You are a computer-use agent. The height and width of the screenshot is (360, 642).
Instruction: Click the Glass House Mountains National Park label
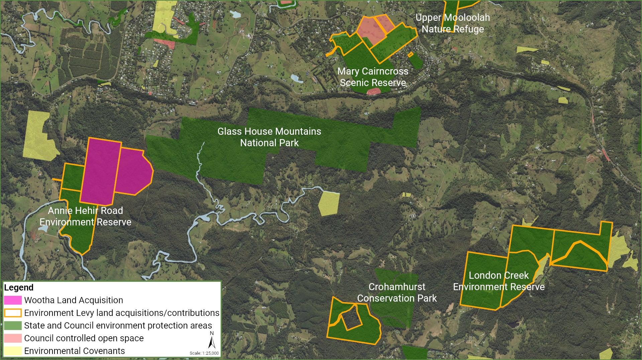tap(269, 137)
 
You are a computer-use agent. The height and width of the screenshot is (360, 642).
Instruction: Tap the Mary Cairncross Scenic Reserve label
tap(373, 77)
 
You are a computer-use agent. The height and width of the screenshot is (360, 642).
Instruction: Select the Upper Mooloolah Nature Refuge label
tap(453, 23)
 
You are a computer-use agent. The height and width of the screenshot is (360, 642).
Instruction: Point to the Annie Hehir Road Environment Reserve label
tap(86, 216)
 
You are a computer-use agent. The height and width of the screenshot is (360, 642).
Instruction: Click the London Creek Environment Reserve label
tap(499, 281)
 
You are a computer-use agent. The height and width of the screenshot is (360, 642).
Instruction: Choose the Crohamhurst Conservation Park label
tap(397, 292)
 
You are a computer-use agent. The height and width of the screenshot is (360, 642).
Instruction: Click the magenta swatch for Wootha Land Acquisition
tap(13, 300)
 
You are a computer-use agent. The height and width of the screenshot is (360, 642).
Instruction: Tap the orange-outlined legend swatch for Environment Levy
tap(13, 313)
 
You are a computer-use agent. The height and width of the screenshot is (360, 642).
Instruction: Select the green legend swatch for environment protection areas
tap(13, 326)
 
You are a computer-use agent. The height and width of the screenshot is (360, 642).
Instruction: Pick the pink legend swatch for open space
tap(13, 338)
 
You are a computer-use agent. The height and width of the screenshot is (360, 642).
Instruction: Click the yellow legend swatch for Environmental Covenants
tap(13, 351)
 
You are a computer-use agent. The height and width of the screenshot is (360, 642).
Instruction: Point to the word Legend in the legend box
tap(19, 287)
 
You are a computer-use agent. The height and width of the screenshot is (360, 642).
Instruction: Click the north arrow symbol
tap(211, 342)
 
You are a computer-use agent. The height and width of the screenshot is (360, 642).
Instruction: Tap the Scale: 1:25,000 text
tap(204, 353)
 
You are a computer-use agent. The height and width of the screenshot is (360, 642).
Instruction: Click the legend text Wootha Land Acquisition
tap(74, 300)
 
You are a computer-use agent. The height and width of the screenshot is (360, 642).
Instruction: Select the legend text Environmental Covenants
tap(75, 351)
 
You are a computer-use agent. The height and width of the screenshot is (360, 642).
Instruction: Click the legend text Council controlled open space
tap(84, 338)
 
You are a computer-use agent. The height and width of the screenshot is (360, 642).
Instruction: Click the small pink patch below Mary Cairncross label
tap(374, 91)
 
